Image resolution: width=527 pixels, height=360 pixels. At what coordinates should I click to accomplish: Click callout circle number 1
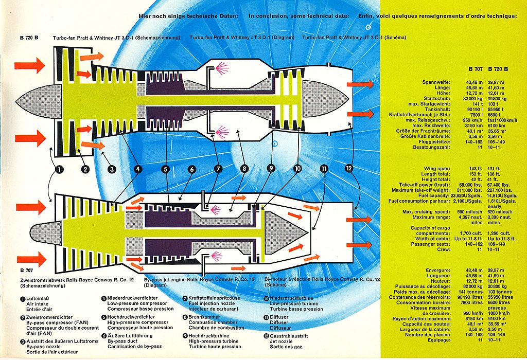[x=59, y=169]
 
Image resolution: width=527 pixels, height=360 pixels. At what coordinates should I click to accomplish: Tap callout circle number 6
[x=191, y=169]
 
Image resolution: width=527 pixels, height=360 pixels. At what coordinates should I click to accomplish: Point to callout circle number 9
[x=271, y=169]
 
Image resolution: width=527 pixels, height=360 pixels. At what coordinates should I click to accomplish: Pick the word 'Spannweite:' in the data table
[x=436, y=82]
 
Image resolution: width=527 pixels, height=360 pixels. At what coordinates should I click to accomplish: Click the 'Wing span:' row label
[x=438, y=169]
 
